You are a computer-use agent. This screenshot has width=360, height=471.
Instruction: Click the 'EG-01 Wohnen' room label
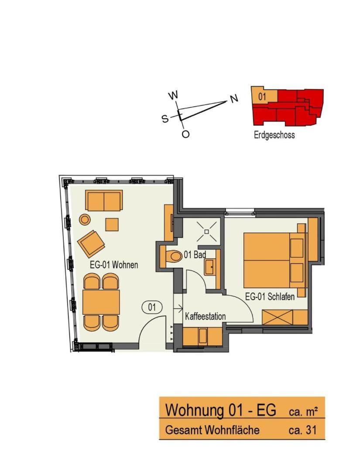[x=114, y=265]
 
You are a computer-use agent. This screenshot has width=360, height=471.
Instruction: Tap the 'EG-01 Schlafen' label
[x=270, y=297]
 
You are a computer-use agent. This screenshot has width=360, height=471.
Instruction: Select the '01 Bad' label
[x=195, y=255]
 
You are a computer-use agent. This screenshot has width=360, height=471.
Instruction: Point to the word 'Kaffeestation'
[x=205, y=316]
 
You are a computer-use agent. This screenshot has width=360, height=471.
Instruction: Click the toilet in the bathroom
[x=174, y=256]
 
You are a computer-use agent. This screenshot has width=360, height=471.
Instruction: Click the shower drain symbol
[x=207, y=232]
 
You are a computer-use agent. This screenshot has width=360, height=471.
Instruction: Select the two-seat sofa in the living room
[x=104, y=200]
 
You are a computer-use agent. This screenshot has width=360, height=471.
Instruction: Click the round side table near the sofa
[x=85, y=219]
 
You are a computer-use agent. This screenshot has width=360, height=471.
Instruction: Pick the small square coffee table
[x=112, y=225]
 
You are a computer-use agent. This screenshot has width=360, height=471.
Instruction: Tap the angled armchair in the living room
[x=91, y=244]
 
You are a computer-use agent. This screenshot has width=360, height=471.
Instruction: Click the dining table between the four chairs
[x=101, y=302]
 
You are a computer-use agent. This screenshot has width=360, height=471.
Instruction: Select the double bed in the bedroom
[x=267, y=260]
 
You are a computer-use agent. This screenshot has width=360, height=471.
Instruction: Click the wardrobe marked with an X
[x=277, y=317]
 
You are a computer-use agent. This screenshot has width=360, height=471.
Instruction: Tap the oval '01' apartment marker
[x=152, y=307]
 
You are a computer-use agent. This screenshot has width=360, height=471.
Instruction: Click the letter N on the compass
[x=234, y=99]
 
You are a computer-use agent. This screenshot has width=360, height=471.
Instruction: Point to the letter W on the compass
[x=173, y=96]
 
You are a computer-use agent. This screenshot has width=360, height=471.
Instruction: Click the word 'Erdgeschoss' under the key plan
[x=274, y=135]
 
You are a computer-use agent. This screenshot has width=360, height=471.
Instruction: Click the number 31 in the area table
[x=311, y=430]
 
